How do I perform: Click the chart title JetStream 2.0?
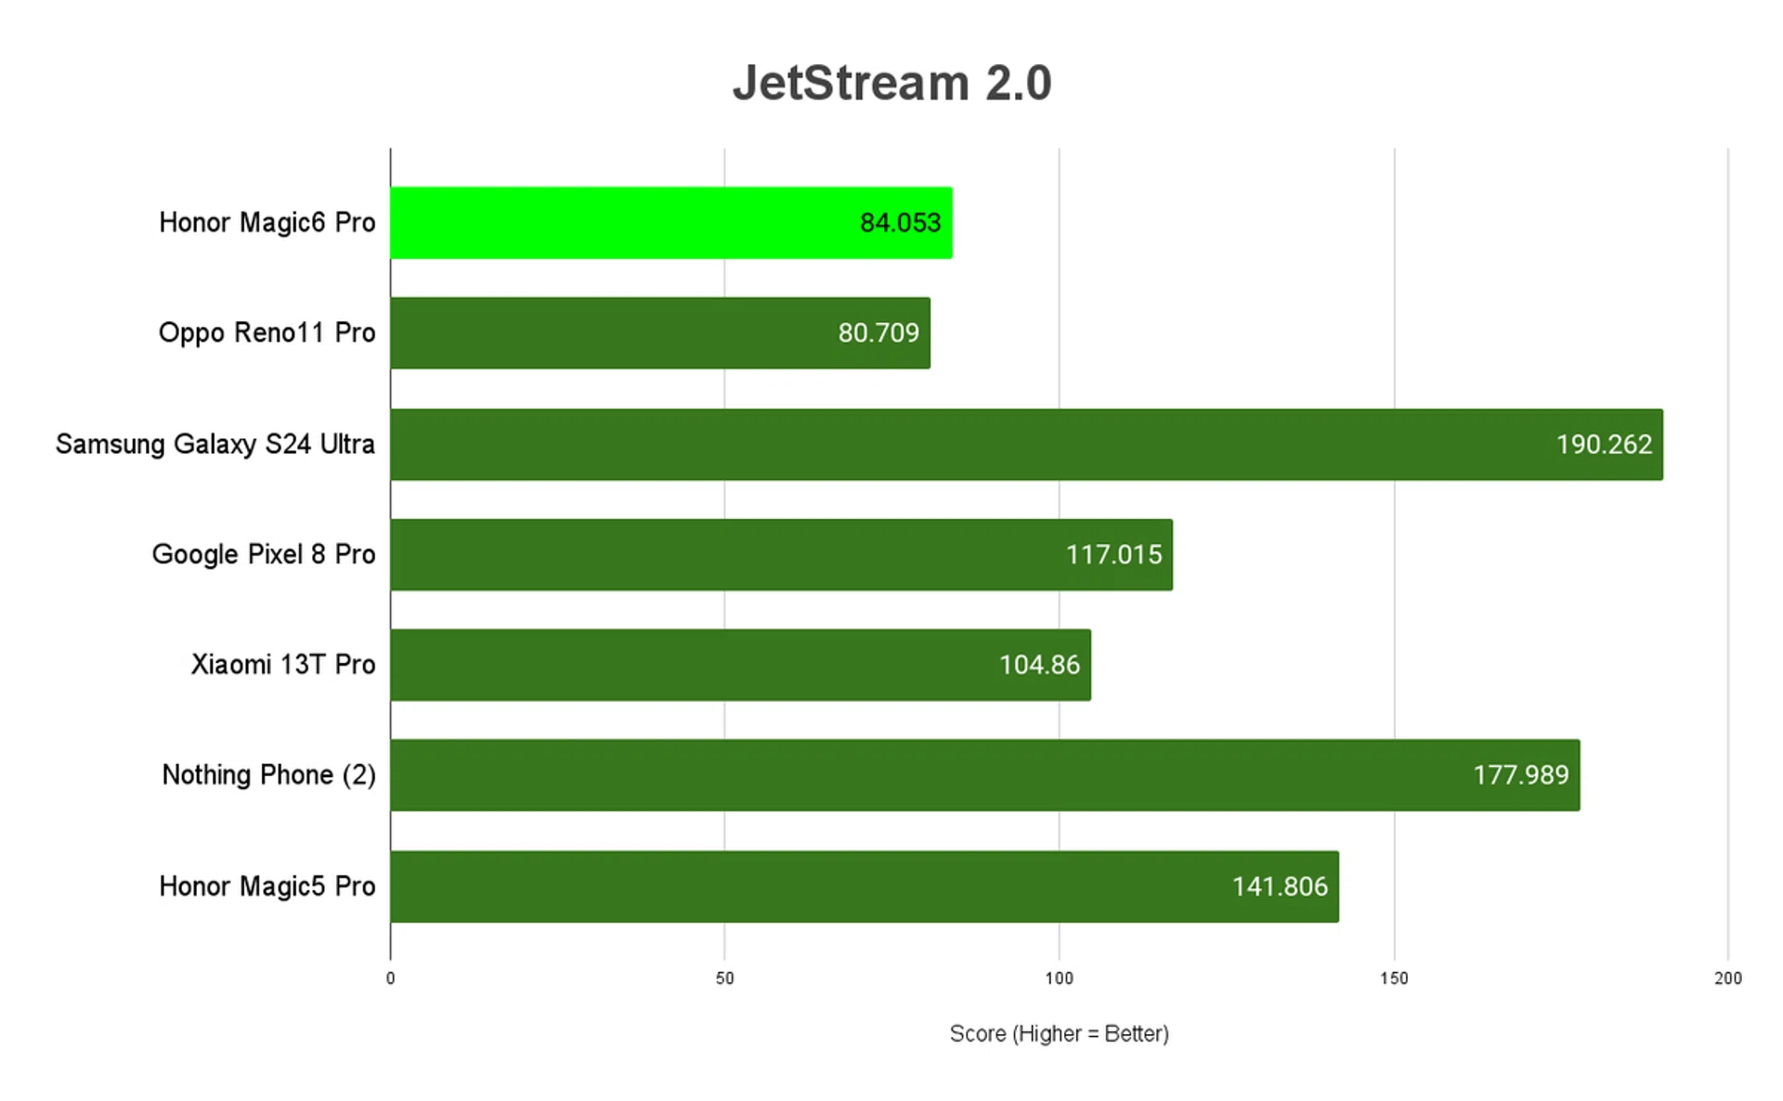891,84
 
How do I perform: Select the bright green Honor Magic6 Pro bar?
670,223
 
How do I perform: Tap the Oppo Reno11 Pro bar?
659,333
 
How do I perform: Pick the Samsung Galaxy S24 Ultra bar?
1025,444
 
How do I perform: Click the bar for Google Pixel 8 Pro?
780,554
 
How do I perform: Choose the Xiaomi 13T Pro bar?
739,665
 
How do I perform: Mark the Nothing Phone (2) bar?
984,775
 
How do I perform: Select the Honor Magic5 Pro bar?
864,886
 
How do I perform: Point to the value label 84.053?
900,223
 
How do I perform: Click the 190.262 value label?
1604,445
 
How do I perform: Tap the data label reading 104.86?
1039,665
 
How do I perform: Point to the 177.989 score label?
1520,775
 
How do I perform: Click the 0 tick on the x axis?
390,978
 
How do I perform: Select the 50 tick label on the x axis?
724,978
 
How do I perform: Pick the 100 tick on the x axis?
1059,978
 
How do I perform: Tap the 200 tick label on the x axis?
1727,978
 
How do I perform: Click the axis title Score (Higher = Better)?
1059,1033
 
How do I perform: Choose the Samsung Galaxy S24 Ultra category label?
215,445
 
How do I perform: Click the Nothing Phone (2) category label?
268,775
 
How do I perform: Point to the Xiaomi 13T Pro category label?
283,665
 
